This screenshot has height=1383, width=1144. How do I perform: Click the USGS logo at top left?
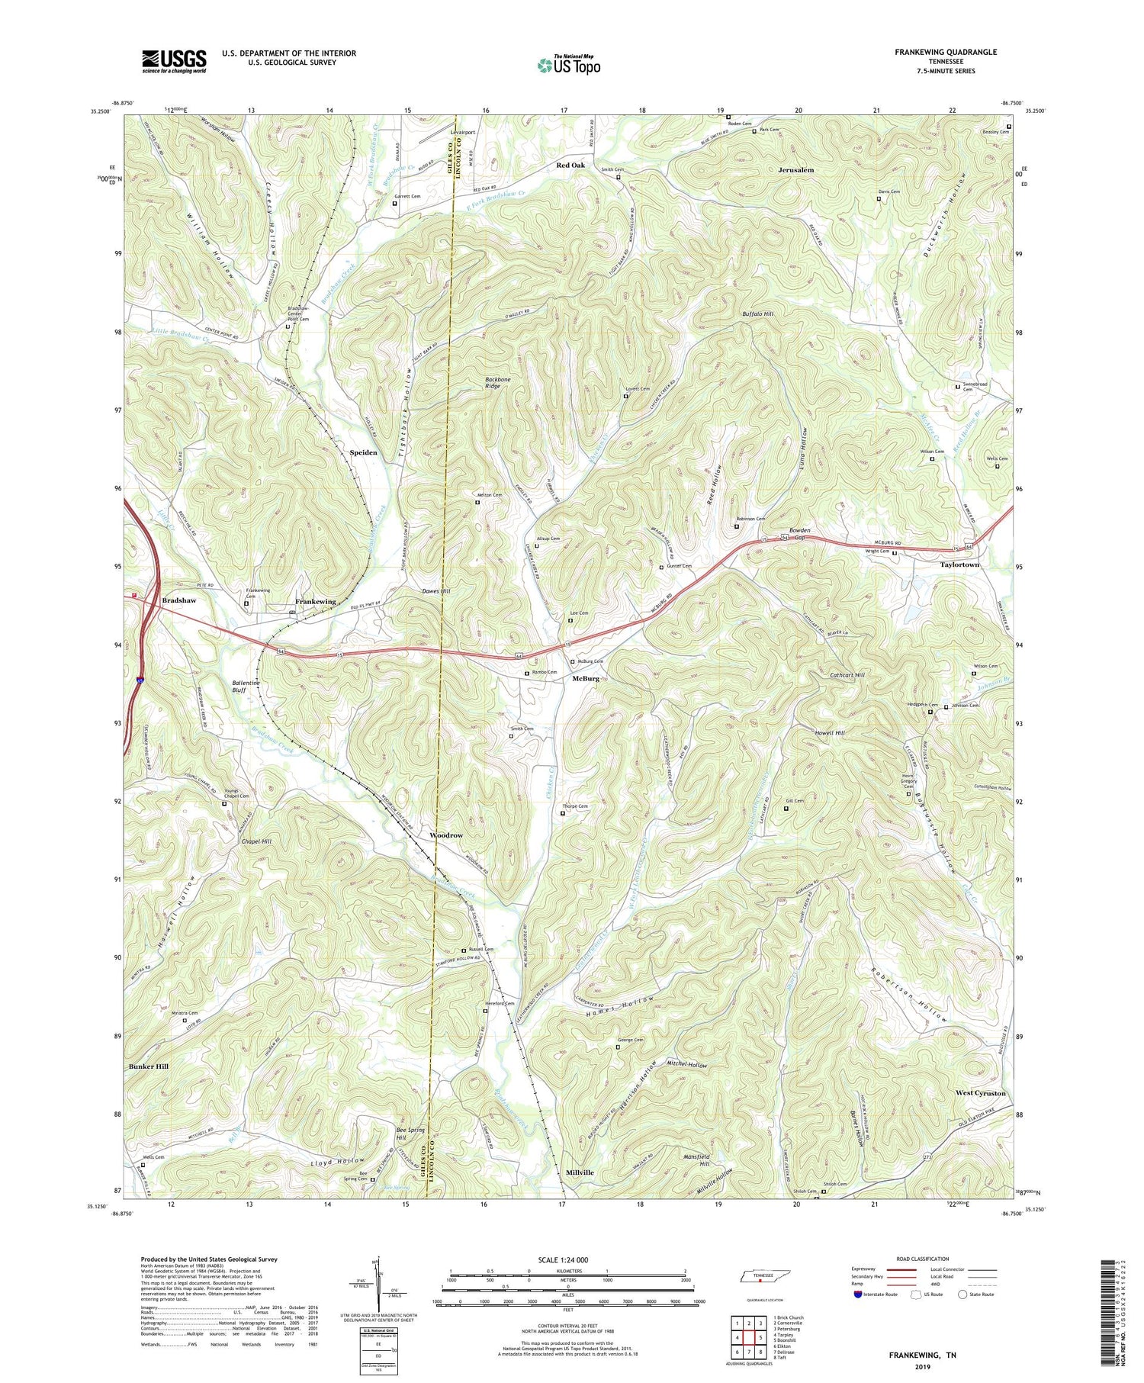point(174,61)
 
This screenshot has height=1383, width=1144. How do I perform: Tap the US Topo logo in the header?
point(568,65)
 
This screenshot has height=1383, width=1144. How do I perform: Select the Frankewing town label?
point(316,602)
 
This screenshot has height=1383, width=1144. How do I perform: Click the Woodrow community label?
point(446,835)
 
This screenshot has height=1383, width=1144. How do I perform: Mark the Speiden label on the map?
point(363,452)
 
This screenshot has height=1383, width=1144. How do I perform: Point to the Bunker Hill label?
point(149,1066)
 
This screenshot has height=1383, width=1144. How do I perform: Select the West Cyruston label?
point(980,1093)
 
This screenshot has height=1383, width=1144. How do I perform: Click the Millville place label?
point(580,1172)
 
